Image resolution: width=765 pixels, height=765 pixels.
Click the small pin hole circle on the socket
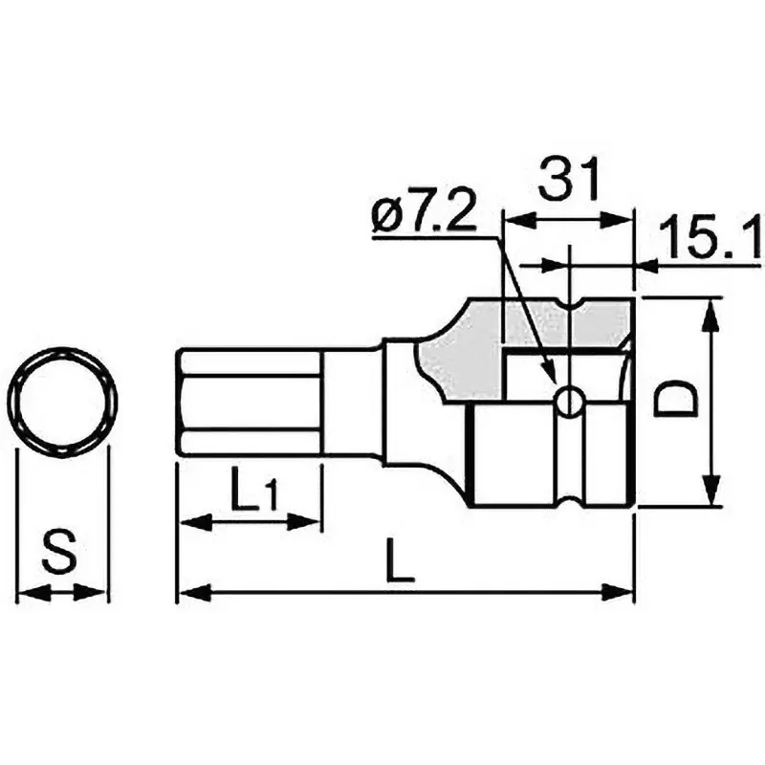(570, 402)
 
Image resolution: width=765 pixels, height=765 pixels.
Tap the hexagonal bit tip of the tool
(249, 402)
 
